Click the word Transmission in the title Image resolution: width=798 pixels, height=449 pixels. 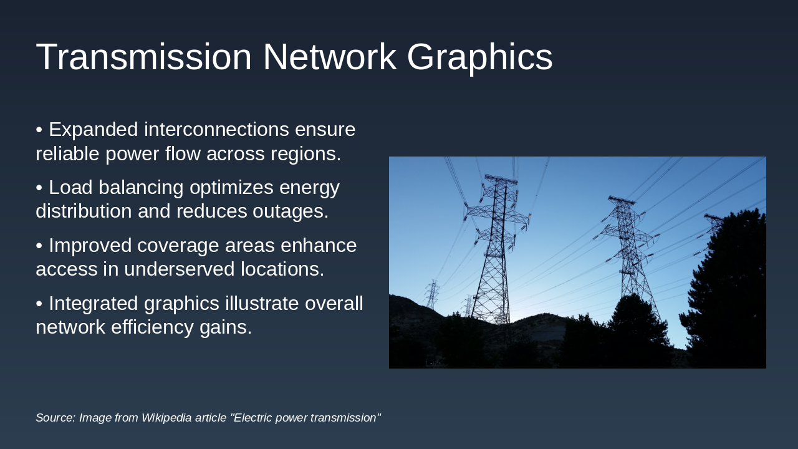(143, 57)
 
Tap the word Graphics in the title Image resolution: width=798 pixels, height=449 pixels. (479, 57)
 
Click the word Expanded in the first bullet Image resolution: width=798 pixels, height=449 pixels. (94, 130)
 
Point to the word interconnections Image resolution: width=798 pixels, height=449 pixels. (216, 130)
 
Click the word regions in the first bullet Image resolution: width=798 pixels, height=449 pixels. (307, 153)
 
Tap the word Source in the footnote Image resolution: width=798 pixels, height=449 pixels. (55, 418)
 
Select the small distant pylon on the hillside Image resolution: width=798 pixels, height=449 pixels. (432, 294)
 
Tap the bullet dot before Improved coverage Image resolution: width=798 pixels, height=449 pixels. (39, 246)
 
